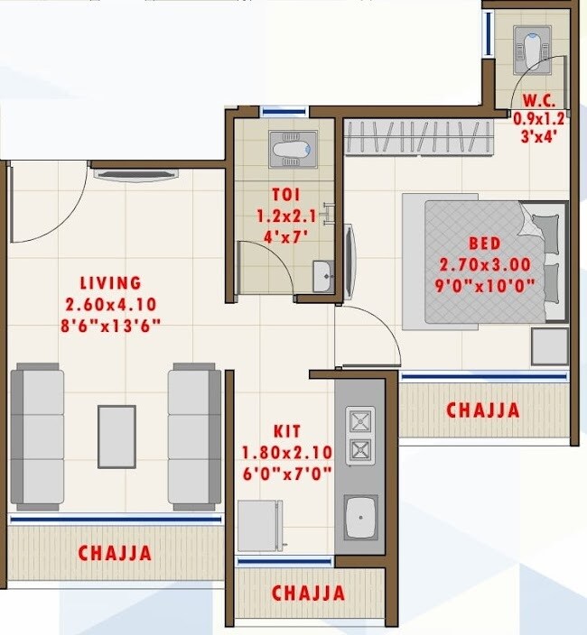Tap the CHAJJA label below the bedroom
[483, 410]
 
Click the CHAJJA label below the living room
[114, 552]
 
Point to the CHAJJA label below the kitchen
[308, 594]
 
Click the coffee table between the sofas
[116, 437]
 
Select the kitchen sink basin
[360, 520]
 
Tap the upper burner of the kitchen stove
[360, 421]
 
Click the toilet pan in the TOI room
[293, 148]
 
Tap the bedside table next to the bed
[549, 346]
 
